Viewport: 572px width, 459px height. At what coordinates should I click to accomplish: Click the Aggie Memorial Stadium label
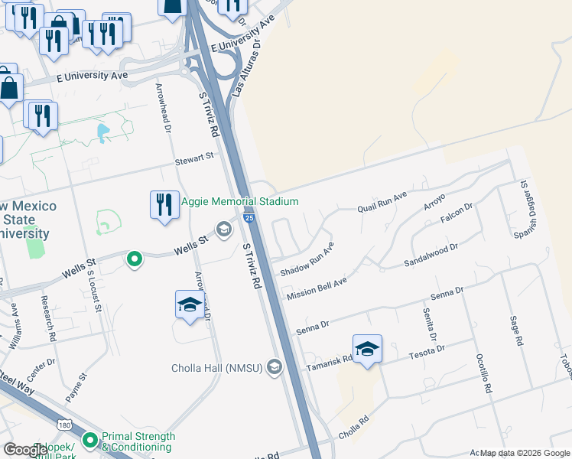pos(239,202)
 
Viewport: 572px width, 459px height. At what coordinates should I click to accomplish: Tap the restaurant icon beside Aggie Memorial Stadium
pos(164,205)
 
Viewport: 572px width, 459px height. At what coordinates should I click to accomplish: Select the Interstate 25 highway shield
pos(250,220)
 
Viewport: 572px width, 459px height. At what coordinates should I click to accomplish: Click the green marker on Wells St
pos(135,260)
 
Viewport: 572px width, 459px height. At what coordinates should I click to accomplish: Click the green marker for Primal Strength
pos(90,441)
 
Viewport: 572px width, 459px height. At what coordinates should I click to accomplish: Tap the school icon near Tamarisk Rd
pos(367,349)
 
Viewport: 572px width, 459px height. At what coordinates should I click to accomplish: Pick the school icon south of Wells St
pos(190,304)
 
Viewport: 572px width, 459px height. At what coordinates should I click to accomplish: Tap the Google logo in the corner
pos(25,450)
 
